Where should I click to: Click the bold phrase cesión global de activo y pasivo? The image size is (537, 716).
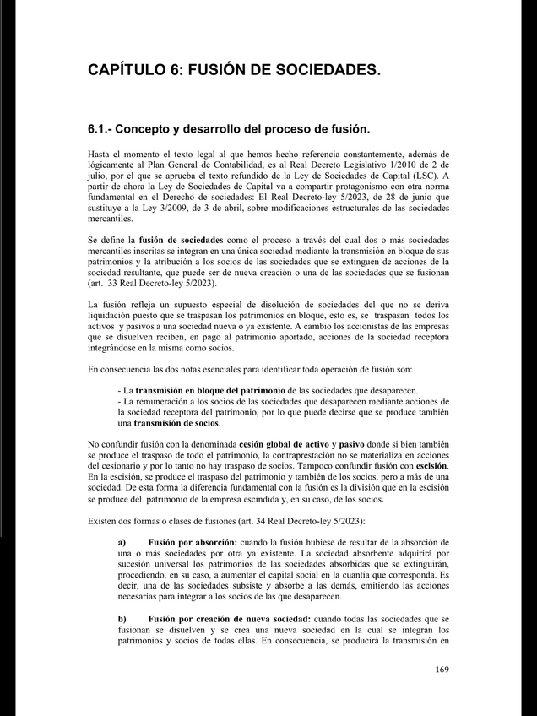pos(310,445)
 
